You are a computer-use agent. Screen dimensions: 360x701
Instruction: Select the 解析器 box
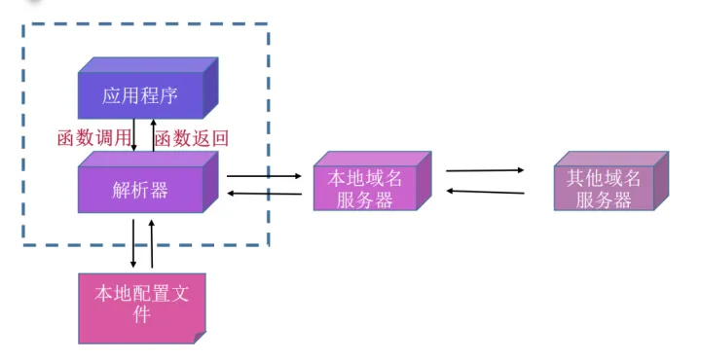(x=141, y=190)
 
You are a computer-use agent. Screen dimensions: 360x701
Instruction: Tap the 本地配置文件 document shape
(x=141, y=304)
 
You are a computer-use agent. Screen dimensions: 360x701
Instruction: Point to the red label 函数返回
(x=192, y=137)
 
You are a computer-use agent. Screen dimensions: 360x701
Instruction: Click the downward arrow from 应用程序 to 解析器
(x=133, y=134)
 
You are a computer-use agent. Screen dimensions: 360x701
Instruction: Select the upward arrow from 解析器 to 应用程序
(x=152, y=134)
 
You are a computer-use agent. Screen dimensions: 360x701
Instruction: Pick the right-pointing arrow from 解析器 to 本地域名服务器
(x=264, y=176)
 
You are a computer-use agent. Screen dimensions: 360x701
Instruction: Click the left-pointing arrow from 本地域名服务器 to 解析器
(x=264, y=195)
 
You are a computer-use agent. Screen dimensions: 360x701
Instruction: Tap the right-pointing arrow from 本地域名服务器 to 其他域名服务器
(x=485, y=170)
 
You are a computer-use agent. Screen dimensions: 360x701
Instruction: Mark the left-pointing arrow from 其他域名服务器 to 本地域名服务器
(x=485, y=192)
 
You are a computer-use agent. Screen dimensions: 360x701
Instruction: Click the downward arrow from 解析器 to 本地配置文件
(x=133, y=243)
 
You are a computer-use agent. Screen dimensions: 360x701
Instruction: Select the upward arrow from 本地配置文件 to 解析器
(x=152, y=243)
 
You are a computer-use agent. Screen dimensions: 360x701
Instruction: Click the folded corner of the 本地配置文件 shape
(x=199, y=336)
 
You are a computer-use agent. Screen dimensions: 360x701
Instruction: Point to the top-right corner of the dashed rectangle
(x=268, y=24)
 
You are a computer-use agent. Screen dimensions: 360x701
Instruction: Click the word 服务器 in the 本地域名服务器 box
(x=364, y=200)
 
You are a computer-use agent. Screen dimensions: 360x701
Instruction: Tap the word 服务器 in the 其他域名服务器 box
(x=604, y=200)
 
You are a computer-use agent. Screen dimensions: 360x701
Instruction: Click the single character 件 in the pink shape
(x=141, y=314)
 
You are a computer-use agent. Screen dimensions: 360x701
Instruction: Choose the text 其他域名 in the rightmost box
(x=604, y=179)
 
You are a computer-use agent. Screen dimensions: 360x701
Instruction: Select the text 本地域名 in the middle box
(x=364, y=179)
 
